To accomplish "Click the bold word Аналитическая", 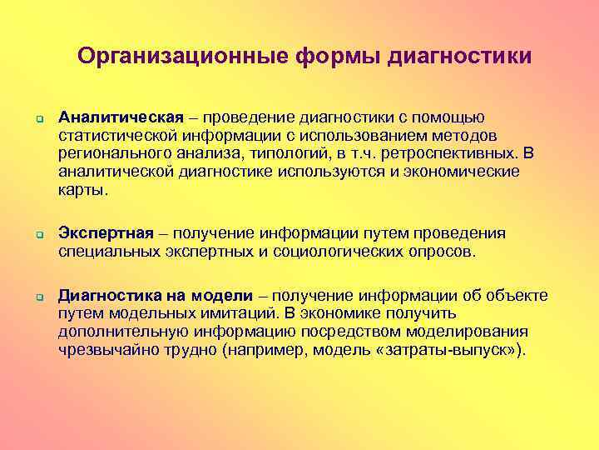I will point(111,117).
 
